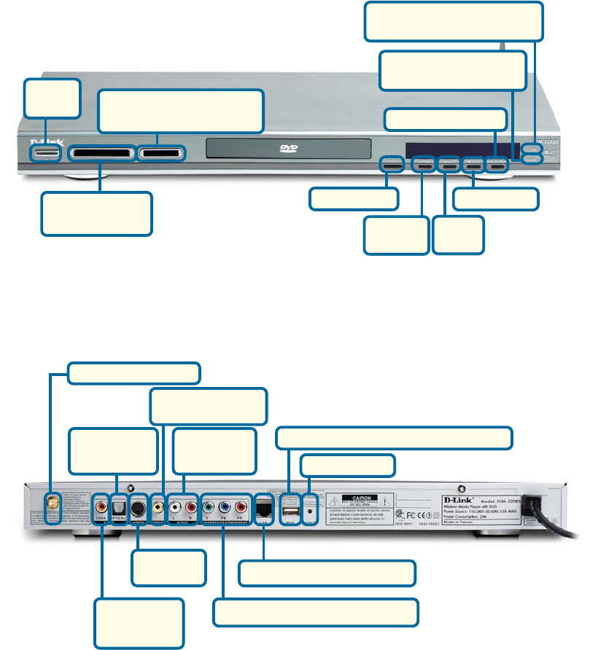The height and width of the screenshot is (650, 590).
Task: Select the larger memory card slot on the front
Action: (102, 154)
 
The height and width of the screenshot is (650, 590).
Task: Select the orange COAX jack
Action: (101, 504)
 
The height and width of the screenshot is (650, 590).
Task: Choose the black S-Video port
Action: (139, 504)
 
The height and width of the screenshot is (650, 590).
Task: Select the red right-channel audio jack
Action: (192, 504)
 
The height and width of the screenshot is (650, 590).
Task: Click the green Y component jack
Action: (209, 504)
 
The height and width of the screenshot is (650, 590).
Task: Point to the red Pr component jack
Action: (241, 504)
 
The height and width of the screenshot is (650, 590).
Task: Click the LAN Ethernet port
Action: (263, 504)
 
